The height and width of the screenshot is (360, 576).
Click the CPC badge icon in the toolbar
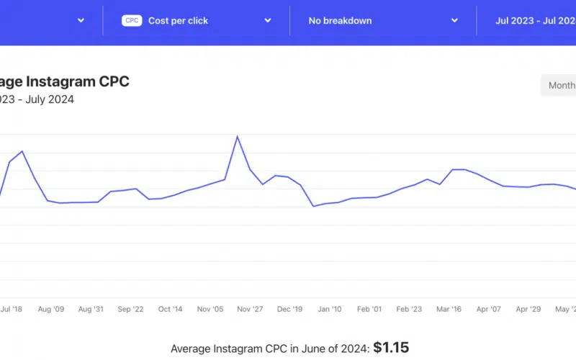pyautogui.click(x=132, y=21)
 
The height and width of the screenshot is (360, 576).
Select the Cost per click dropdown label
pyautogui.click(x=178, y=21)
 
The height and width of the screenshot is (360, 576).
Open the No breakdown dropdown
pyautogui.click(x=340, y=21)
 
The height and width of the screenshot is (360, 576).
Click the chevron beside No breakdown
pyautogui.click(x=454, y=21)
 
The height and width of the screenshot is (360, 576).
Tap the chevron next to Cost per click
pyautogui.click(x=267, y=21)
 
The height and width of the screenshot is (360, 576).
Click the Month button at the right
pyautogui.click(x=560, y=85)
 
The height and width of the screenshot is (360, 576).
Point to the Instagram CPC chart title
pyautogui.click(x=65, y=81)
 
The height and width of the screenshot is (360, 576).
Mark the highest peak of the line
pyautogui.click(x=237, y=136)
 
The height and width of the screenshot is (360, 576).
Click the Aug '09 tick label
pyautogui.click(x=50, y=309)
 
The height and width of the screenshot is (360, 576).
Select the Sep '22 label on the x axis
pyautogui.click(x=130, y=309)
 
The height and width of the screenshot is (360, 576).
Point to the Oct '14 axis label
pyautogui.click(x=170, y=309)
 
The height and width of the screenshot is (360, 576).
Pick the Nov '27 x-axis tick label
pyautogui.click(x=250, y=309)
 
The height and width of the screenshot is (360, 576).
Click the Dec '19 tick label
pyautogui.click(x=289, y=309)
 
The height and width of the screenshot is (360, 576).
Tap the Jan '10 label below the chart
pyautogui.click(x=329, y=309)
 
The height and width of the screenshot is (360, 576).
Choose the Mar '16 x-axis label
pyautogui.click(x=449, y=309)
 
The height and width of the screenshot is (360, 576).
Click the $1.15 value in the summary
pyautogui.click(x=391, y=348)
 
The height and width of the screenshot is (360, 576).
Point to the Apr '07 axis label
pyautogui.click(x=488, y=309)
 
